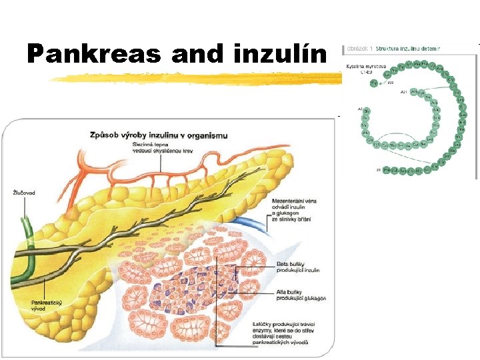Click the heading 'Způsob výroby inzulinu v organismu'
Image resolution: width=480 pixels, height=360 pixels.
(x=159, y=135)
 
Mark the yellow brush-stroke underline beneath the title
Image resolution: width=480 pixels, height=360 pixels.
(x=200, y=78)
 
